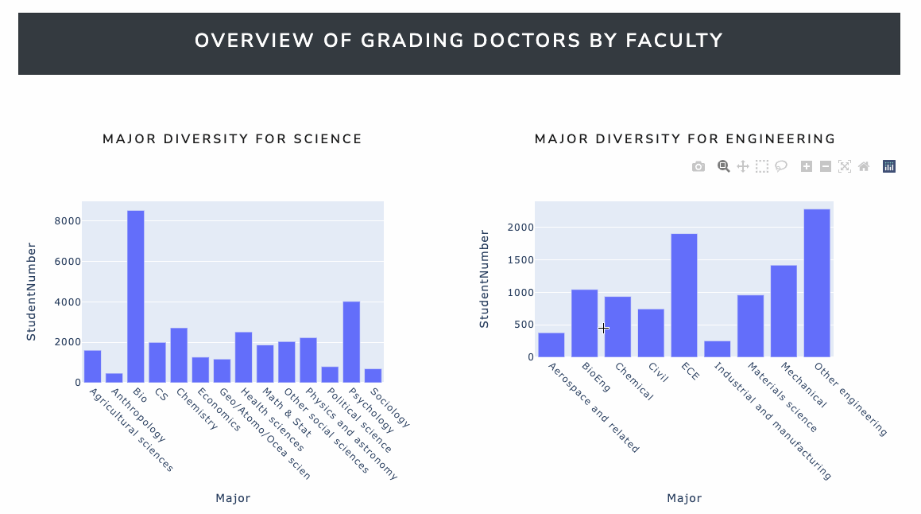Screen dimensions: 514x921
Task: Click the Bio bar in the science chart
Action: tap(136, 296)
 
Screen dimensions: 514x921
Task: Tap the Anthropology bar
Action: tap(114, 378)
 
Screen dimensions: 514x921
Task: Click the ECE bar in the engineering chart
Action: tap(683, 295)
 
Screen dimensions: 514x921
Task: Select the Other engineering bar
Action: tap(816, 283)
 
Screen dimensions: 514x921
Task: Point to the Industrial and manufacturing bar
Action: tap(717, 349)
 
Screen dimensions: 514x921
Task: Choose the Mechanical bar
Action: tap(784, 311)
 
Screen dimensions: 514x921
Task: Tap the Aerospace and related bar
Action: tap(551, 345)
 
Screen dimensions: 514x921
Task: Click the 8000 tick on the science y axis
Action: tap(67, 221)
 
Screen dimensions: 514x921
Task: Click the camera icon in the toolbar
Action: tap(698, 166)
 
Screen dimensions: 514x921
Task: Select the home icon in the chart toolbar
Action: tap(864, 166)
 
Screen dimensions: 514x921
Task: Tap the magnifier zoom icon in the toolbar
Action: tap(724, 166)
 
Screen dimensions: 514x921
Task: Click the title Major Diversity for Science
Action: tap(232, 139)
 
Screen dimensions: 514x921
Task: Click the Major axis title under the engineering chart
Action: tap(684, 498)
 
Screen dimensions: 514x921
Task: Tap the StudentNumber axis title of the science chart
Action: tap(32, 290)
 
